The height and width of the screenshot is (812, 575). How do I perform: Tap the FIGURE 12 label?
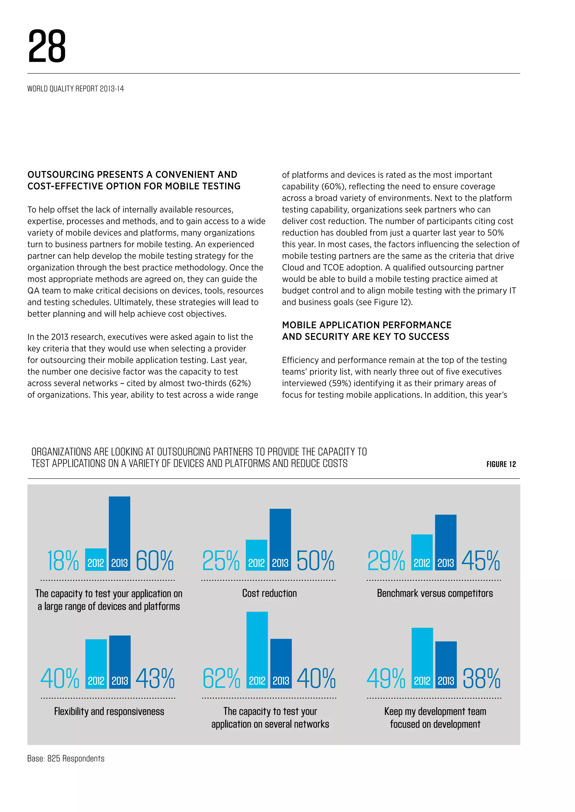tap(501, 464)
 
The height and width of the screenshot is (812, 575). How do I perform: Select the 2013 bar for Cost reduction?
tap(280, 539)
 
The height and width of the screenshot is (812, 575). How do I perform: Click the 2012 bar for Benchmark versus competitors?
tap(422, 552)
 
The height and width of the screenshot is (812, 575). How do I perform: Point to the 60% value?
tap(155, 560)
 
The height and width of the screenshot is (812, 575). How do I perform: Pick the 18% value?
tap(63, 560)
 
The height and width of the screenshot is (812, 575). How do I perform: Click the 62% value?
tap(221, 678)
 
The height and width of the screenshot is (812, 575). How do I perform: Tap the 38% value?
tap(482, 678)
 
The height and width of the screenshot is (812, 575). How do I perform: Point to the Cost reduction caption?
tap(270, 594)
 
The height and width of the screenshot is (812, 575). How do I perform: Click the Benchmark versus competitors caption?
tap(435, 594)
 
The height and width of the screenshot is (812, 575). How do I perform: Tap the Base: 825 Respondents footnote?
tap(66, 759)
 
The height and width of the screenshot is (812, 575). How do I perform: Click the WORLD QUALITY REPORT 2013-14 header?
tap(76, 89)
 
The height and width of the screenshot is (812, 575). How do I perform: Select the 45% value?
tap(480, 560)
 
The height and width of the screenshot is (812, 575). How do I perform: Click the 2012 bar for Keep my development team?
tap(422, 658)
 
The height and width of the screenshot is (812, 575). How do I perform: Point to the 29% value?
tap(386, 560)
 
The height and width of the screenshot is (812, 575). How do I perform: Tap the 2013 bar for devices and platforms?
tap(119, 533)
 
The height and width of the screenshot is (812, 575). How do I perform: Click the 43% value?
tap(155, 678)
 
